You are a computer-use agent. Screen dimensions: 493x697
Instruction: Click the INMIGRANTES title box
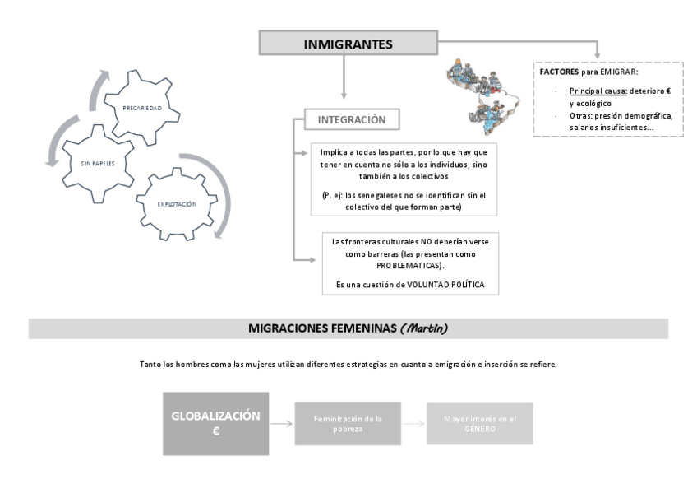(x=348, y=44)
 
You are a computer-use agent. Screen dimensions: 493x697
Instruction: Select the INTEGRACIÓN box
(x=352, y=119)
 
